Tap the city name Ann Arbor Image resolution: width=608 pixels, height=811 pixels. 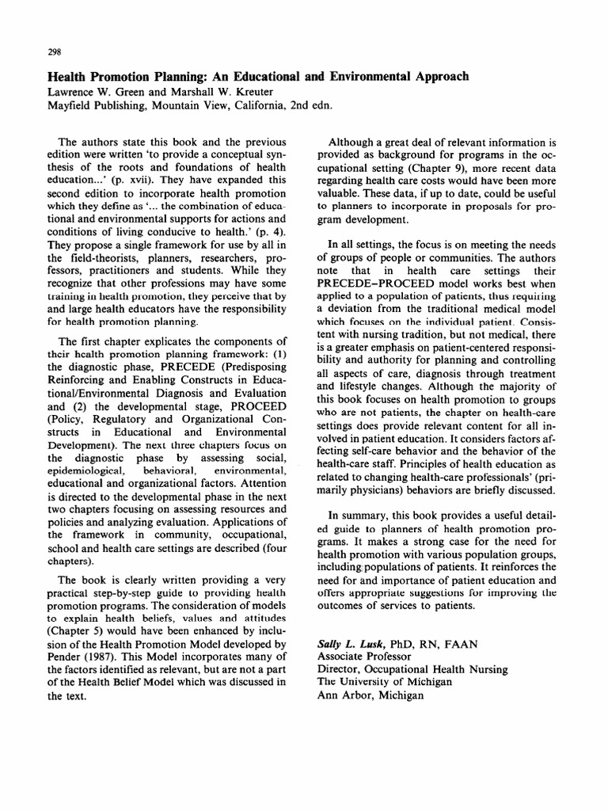[x=346, y=695]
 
